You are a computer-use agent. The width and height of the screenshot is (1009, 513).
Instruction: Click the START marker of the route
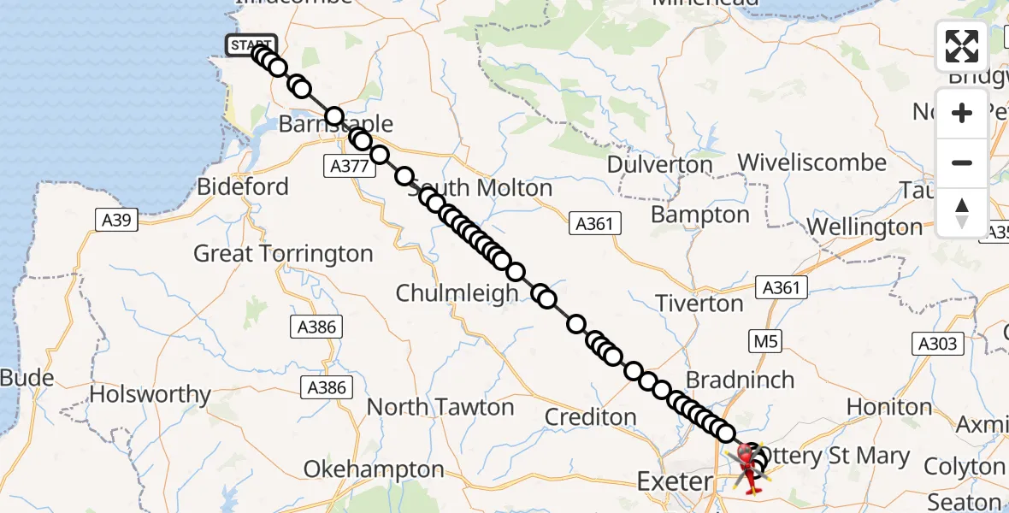point(251,45)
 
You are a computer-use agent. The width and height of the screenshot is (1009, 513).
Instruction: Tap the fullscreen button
point(962,46)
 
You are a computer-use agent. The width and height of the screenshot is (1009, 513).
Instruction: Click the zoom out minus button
point(962,162)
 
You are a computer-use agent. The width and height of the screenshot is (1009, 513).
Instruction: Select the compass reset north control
point(962,212)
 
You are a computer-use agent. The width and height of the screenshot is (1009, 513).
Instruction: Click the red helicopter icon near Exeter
point(750,466)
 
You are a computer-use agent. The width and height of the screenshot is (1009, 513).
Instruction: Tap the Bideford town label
point(243,186)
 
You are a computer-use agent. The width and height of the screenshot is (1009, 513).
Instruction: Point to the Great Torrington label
point(283,254)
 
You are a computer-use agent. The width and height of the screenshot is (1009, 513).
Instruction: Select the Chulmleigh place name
point(457,293)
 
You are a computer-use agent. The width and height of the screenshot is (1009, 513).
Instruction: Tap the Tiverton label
point(699,304)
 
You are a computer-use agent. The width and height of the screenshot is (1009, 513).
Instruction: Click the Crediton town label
point(590,417)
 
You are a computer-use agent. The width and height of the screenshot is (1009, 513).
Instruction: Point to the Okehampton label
point(374,469)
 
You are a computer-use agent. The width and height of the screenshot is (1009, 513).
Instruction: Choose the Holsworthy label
point(150,394)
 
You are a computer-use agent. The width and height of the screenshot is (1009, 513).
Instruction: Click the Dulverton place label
point(659,164)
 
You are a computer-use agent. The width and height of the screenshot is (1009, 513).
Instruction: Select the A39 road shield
point(115,221)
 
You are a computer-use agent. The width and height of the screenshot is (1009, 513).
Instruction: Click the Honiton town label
point(889,406)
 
